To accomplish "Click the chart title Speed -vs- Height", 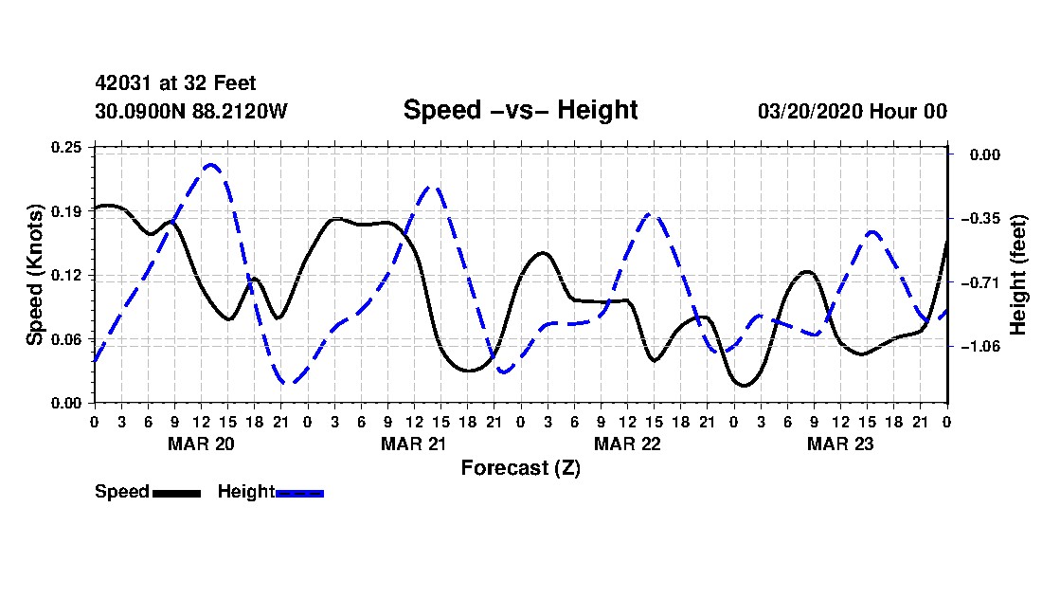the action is [x=520, y=110].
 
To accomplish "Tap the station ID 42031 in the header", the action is [x=121, y=83].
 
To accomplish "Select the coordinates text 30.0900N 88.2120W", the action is [x=191, y=111].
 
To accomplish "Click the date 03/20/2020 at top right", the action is [x=810, y=111].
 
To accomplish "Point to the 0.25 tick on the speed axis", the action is [x=66, y=147].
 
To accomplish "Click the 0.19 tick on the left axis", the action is [x=66, y=211].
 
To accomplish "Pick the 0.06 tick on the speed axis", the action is [x=66, y=339].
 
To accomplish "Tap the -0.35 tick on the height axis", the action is [x=984, y=219].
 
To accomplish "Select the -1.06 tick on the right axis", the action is [x=984, y=346].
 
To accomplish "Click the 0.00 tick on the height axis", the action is [x=985, y=154].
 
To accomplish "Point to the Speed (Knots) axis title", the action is [x=34, y=275].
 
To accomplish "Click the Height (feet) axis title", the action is [x=1018, y=275].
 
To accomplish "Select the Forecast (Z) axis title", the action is [x=520, y=468].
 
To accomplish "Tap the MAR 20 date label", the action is [x=202, y=444].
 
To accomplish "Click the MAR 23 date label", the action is [x=840, y=444].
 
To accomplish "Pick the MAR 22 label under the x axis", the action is [x=627, y=444].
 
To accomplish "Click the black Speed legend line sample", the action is [x=177, y=493].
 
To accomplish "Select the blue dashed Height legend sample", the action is [x=299, y=493].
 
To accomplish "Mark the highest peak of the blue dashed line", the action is [x=210, y=164].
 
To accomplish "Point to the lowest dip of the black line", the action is [x=744, y=385].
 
